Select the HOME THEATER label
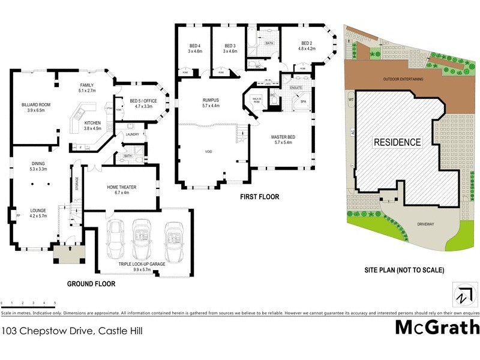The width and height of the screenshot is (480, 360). [x=122, y=187]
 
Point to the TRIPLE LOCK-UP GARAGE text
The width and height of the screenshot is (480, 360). [x=143, y=263]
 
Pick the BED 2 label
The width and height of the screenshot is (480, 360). [x=307, y=43]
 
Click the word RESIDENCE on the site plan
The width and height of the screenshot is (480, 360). [x=397, y=143]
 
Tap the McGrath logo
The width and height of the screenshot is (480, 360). [x=437, y=327]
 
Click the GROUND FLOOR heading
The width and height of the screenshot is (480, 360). [x=91, y=284]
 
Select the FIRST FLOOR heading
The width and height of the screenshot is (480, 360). [x=259, y=197]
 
